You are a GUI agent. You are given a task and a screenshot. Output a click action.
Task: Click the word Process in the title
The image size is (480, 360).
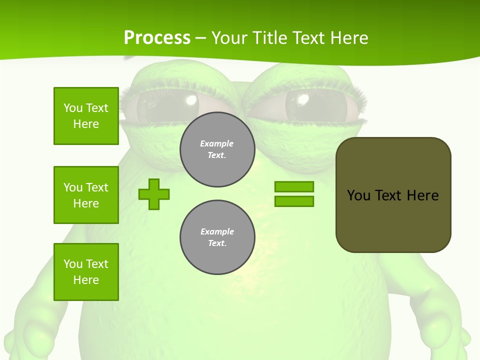pos(157,38)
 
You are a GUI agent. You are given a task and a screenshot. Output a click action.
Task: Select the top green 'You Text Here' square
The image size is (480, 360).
pos(86,116)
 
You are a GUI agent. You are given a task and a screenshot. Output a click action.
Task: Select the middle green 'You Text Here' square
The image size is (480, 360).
pos(86,195)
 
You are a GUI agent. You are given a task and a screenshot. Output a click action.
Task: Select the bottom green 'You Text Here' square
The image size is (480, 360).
pos(86,272)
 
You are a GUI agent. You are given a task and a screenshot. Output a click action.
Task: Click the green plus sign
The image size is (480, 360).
pos(154,194)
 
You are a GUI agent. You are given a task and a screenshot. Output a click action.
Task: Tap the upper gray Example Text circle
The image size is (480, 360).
pos(217,149)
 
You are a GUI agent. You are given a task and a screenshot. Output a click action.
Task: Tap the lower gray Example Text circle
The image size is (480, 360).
pos(217,237)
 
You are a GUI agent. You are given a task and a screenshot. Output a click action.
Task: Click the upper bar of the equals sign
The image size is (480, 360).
pos(294,187)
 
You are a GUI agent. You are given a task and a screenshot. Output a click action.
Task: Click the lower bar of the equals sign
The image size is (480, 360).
pos(294,201)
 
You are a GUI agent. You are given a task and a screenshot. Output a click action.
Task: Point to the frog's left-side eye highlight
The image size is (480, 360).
pos(191,100)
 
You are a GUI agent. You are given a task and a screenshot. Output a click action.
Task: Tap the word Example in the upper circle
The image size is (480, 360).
pos(217,144)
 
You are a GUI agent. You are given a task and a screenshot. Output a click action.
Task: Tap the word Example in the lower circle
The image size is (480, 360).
pos(217,232)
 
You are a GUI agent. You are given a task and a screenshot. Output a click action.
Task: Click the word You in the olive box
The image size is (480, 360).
pos(358,195)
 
